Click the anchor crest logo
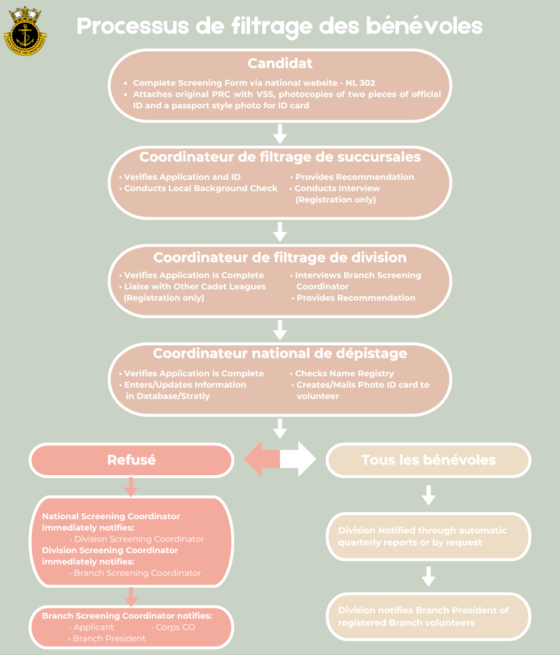tap(25, 30)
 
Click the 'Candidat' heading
tap(279, 63)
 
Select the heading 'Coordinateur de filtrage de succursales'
tap(279, 157)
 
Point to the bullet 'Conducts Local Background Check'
tap(200, 188)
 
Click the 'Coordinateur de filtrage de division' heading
tap(279, 257)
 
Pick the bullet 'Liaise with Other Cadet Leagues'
tap(194, 286)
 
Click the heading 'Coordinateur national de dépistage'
tap(279, 353)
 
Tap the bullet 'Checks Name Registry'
tap(344, 373)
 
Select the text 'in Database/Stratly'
tap(167, 396)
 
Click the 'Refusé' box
tap(131, 460)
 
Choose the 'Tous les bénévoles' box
tap(428, 460)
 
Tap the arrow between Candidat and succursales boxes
tap(279, 133)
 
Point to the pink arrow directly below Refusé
tap(130, 487)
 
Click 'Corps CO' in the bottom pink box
tap(175, 627)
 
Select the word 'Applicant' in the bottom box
tap(94, 627)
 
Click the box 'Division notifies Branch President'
tap(428, 616)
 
